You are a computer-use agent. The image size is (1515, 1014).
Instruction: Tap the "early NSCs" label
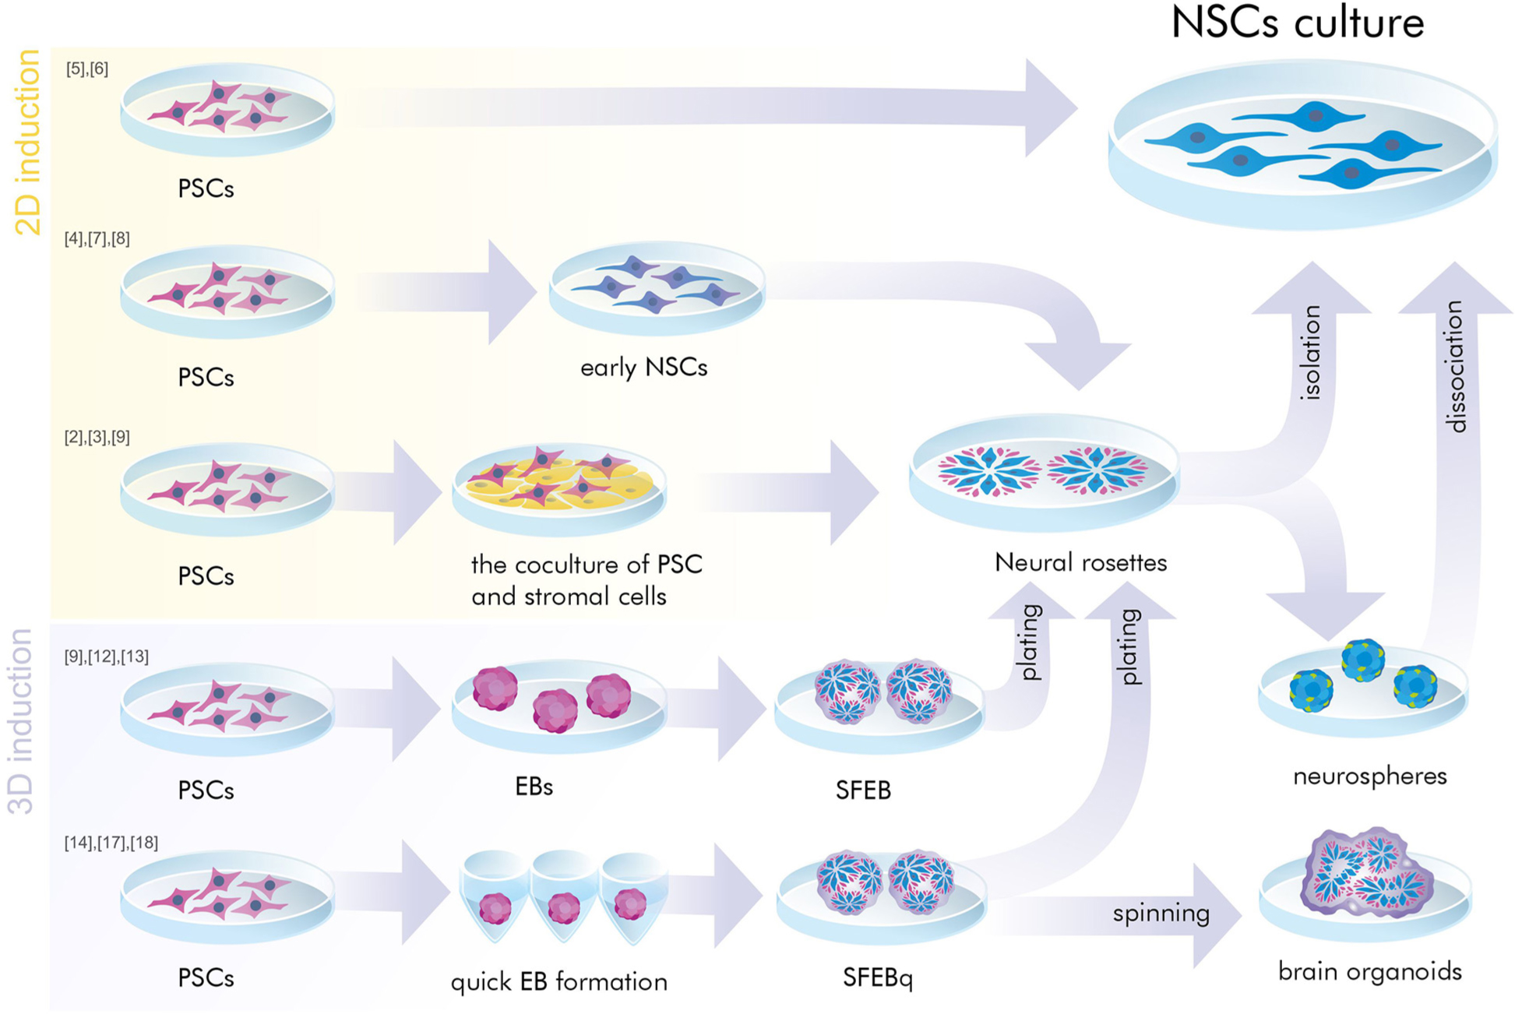pyautogui.click(x=643, y=367)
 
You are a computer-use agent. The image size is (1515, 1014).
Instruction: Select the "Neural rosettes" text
pyautogui.click(x=1080, y=562)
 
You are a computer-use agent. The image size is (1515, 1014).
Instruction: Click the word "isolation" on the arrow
pyautogui.click(x=1311, y=353)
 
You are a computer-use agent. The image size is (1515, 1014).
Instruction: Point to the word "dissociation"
pyautogui.click(x=1454, y=366)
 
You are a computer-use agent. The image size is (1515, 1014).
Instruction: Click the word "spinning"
pyautogui.click(x=1161, y=914)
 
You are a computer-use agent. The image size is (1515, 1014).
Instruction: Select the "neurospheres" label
pyautogui.click(x=1369, y=776)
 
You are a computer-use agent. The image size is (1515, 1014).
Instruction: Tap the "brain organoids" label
pyautogui.click(x=1369, y=971)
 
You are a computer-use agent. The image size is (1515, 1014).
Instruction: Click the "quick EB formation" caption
pyautogui.click(x=558, y=981)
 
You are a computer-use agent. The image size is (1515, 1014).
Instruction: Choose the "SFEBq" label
pyautogui.click(x=877, y=977)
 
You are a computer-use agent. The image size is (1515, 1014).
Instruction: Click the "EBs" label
pyautogui.click(x=534, y=787)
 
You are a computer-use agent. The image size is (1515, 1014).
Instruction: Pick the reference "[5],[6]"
pyautogui.click(x=86, y=69)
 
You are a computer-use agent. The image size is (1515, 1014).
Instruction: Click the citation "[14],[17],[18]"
pyautogui.click(x=111, y=843)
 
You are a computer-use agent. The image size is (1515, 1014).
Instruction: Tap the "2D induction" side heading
pyautogui.click(x=28, y=142)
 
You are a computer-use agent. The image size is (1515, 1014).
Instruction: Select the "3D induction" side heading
pyautogui.click(x=22, y=720)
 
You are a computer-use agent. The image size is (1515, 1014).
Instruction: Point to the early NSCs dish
pyautogui.click(x=657, y=288)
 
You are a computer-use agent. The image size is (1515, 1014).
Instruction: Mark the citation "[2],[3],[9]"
pyautogui.click(x=97, y=438)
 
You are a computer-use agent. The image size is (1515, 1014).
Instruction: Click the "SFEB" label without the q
pyautogui.click(x=862, y=790)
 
